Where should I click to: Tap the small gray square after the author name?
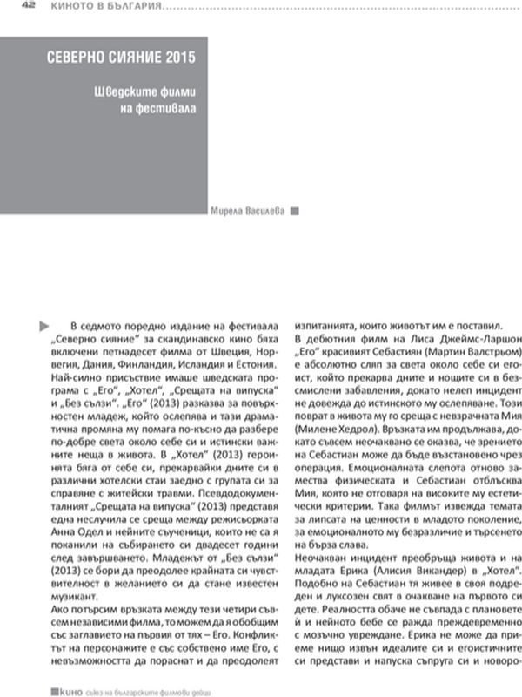(294, 210)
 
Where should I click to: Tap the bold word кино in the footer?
(64, 690)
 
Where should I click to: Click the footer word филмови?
(185, 690)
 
